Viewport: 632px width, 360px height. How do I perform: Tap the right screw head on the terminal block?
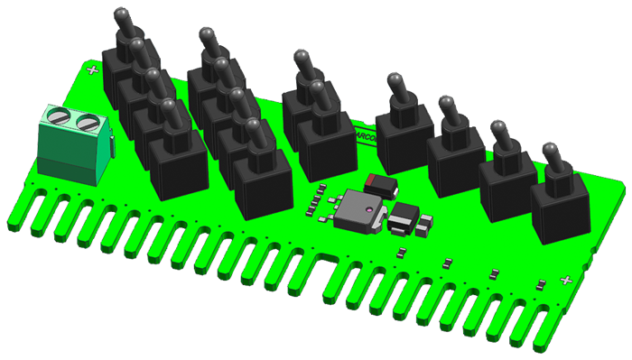(87, 122)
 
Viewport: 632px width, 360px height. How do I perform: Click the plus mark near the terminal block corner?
(90, 69)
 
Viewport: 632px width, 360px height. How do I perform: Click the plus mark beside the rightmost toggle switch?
(566, 281)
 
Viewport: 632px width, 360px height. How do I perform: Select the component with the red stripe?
(381, 184)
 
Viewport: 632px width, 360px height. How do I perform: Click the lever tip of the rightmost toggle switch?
(548, 147)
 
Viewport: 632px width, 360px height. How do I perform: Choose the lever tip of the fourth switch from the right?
(395, 79)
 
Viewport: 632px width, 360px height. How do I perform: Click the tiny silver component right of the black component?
(426, 222)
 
